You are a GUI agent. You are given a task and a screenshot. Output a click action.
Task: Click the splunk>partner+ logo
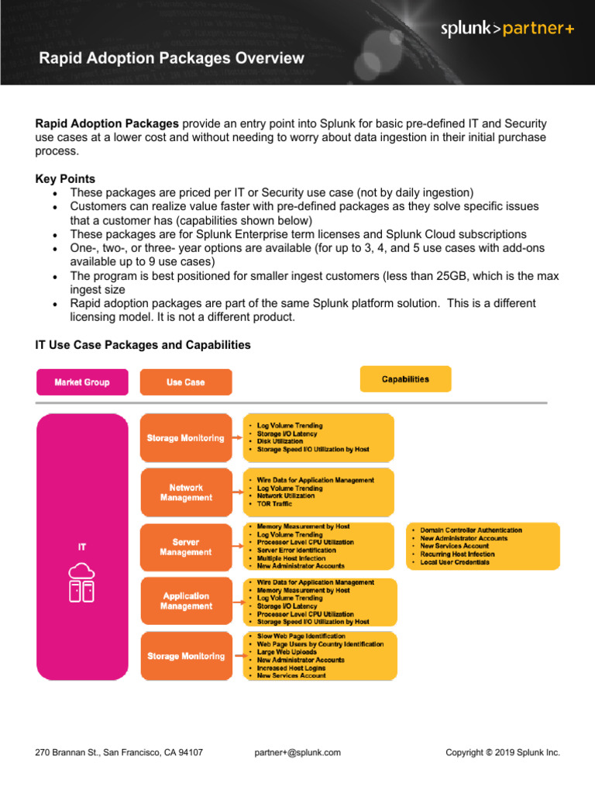coord(507,29)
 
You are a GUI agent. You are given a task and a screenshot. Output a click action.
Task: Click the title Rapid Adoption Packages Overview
coord(171,58)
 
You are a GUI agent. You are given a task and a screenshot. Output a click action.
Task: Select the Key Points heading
coord(66,179)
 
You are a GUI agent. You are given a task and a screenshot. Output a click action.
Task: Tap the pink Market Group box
coord(82,382)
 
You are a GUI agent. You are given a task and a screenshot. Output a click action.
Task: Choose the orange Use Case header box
coord(185,382)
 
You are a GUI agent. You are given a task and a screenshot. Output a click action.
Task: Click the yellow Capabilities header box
coord(405,379)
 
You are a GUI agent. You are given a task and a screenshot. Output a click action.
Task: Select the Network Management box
coord(185,492)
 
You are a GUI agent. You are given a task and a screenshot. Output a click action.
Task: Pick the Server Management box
coord(185,547)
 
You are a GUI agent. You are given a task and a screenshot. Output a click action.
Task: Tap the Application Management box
coord(185,601)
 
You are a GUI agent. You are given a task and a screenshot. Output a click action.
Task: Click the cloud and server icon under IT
coord(82,582)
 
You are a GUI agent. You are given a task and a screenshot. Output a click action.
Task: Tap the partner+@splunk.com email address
coord(297,752)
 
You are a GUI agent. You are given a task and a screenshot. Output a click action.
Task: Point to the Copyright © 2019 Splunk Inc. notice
coord(503,752)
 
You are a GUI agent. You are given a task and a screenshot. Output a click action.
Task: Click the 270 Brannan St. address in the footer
coord(119,752)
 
